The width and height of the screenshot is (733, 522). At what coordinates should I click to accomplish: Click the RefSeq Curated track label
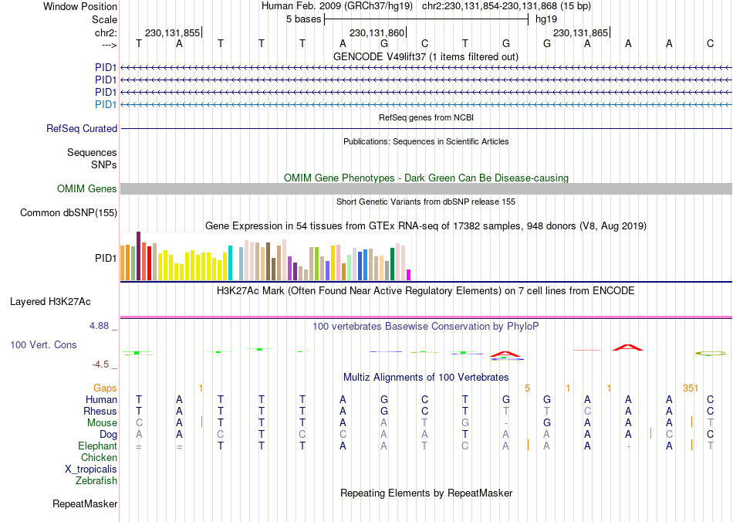point(82,129)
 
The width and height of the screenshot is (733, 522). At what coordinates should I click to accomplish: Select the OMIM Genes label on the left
point(87,189)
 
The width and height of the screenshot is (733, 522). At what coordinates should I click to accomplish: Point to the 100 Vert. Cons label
point(43,344)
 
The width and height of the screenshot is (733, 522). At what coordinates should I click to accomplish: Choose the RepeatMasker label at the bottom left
point(85,504)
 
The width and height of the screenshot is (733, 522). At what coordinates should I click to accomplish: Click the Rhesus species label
point(100,411)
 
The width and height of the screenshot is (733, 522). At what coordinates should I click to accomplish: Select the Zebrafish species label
point(96,480)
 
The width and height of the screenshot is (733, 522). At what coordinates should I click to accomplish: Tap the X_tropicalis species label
point(91,469)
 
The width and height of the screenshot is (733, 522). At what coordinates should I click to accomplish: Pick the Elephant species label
point(97,446)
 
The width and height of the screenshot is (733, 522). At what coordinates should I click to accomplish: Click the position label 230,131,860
point(377,33)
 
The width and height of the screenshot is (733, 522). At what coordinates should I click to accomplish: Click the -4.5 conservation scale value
point(100,364)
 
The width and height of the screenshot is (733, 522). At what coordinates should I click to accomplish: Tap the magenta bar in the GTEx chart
point(409,275)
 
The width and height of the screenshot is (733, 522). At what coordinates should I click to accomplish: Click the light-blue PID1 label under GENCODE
point(106,104)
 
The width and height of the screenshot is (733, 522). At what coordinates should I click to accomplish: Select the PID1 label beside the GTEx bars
point(106,257)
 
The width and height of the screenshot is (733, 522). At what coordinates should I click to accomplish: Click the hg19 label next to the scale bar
point(546,19)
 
